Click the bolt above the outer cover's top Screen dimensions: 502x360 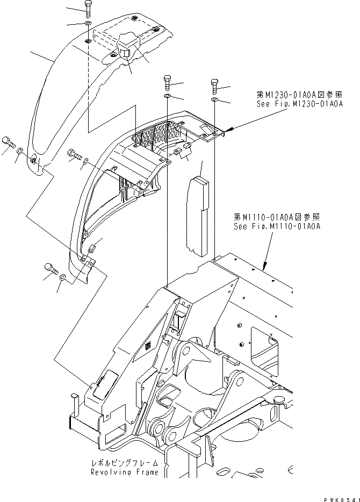pyautogui.click(x=88, y=8)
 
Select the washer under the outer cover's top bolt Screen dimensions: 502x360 pyautogui.click(x=88, y=24)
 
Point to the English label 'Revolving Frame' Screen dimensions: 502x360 pyautogui.click(x=125, y=472)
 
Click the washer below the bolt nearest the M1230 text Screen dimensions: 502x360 pyautogui.click(x=214, y=100)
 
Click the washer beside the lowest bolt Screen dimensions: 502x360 pyautogui.click(x=63, y=277)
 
